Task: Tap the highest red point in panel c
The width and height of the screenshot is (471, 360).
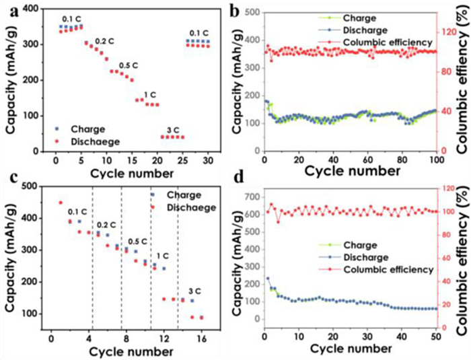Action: [x=60, y=184]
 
